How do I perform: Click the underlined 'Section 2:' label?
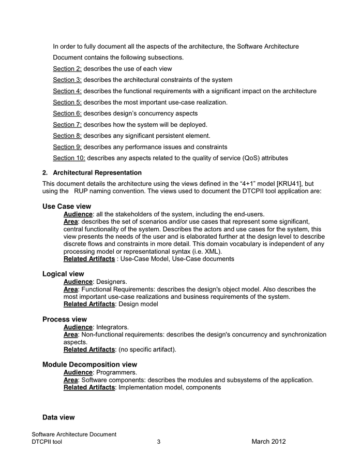67,69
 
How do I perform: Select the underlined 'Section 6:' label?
67,113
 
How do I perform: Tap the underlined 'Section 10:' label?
69,158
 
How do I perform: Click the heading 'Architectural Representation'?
97,172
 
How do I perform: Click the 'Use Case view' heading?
67,207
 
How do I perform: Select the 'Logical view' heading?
63,274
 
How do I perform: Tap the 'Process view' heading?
65,319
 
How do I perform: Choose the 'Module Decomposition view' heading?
89,365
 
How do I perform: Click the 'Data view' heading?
58,417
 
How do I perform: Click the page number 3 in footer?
159,442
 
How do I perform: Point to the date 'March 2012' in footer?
268,442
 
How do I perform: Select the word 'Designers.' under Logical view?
112,282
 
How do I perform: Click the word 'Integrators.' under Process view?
113,327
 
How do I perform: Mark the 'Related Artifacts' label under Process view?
89,349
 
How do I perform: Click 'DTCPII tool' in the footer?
47,442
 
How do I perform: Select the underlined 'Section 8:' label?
67,136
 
